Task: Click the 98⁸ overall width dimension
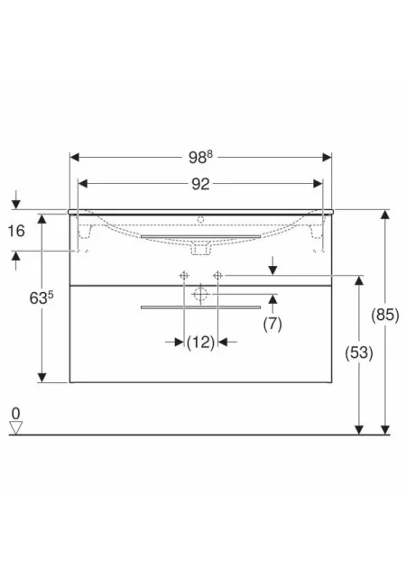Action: point(200,157)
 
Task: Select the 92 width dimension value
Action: point(200,184)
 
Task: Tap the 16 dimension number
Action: point(16,231)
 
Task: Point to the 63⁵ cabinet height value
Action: point(42,298)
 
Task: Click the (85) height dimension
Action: point(385,315)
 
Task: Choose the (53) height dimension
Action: point(359,353)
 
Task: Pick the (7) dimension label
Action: point(272,324)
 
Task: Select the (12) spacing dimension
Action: point(200,343)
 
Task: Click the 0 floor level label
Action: point(15,413)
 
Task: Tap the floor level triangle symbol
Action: point(16,427)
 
